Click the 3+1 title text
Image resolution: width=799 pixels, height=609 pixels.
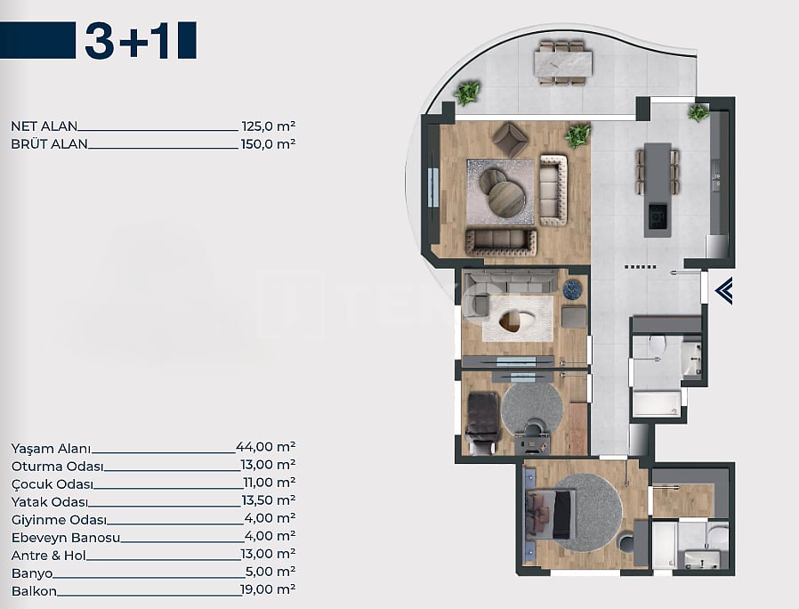pos(128,40)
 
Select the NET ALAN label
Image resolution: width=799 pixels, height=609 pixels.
pos(44,126)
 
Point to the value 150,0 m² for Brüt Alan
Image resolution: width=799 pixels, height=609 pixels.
pos(268,144)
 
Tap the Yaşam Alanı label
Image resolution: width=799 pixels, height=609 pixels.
pos(51,449)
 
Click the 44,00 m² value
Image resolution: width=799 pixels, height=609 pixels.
pos(266,447)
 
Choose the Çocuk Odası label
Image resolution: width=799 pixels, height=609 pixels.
pos(52,484)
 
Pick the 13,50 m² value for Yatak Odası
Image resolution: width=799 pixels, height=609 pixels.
pos(269,500)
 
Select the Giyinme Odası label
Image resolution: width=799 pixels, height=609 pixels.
pos(59,520)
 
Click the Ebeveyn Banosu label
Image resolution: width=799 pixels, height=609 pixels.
pos(66,538)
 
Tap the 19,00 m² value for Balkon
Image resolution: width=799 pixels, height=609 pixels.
pos(268,589)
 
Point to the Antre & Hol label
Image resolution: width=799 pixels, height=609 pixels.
pos(49,556)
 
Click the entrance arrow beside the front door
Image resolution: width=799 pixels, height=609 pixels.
pos(723,291)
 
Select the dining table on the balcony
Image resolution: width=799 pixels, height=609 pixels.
pos(563,62)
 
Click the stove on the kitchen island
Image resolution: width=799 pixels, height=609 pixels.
pos(657,216)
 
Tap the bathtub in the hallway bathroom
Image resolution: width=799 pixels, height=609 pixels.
pos(657,403)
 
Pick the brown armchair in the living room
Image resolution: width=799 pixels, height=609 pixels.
pos(510,139)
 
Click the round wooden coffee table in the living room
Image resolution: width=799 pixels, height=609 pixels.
pos(506,199)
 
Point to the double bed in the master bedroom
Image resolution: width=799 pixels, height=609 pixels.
pos(551,514)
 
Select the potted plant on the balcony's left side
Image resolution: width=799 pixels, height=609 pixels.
pos(468,93)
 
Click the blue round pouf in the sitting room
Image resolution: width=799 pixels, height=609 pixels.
pos(573,289)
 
